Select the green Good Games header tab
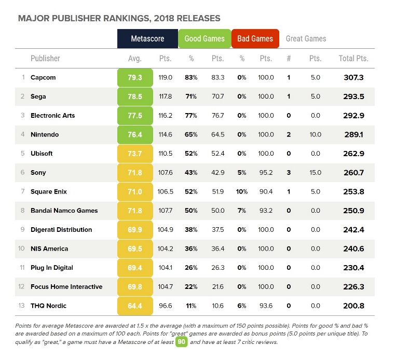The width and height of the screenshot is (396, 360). (204, 39)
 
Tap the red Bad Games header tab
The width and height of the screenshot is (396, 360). (255, 39)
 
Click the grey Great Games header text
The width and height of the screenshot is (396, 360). (306, 39)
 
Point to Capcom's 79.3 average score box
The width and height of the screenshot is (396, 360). (135, 78)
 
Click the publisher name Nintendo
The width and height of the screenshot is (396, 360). (45, 135)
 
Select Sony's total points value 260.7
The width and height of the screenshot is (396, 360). (354, 173)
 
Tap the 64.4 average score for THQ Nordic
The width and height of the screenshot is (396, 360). (135, 306)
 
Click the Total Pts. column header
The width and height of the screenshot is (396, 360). (353, 59)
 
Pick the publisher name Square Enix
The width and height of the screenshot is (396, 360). (49, 192)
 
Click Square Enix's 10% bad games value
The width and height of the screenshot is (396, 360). (242, 192)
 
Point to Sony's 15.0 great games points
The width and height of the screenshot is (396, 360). (315, 173)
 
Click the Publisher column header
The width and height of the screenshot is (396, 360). (45, 59)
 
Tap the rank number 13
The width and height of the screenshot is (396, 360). (21, 306)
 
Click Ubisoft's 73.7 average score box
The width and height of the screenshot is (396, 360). (135, 154)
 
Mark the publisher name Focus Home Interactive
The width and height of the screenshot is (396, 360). (66, 287)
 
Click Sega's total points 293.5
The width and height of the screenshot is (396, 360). (354, 96)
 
